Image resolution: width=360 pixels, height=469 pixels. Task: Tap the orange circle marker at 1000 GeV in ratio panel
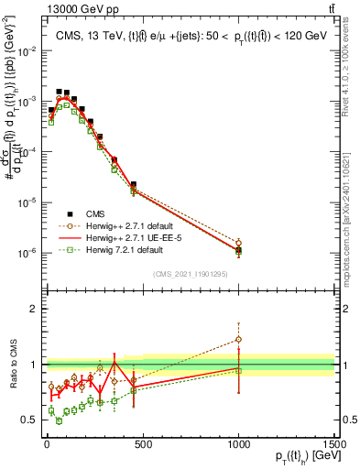coord(238,339)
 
